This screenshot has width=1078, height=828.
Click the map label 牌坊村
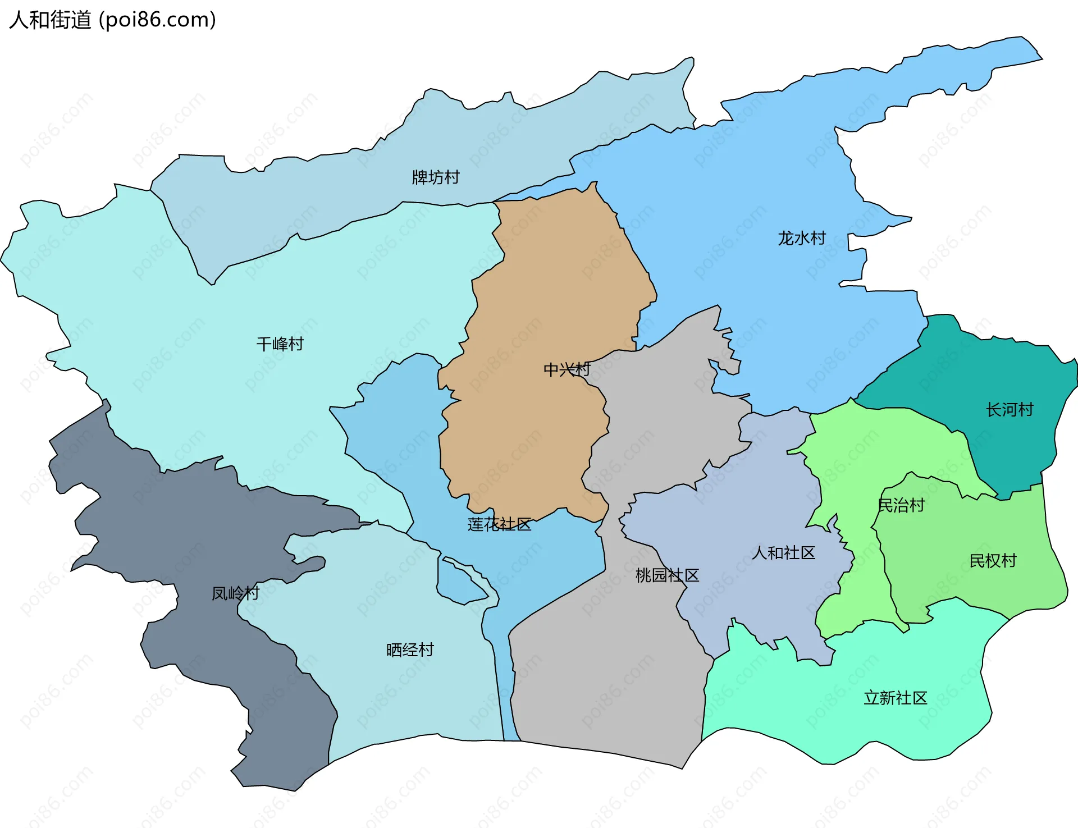click(436, 177)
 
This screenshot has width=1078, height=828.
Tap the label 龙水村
click(802, 239)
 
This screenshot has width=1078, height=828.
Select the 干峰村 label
click(280, 344)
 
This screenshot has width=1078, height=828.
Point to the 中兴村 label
click(567, 369)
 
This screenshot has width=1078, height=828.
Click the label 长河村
click(1010, 410)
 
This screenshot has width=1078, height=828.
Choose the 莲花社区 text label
click(499, 524)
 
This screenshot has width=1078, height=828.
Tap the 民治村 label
click(901, 505)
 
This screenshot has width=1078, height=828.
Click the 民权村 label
click(993, 561)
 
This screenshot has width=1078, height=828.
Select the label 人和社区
click(784, 553)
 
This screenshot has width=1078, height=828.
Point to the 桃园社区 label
click(667, 575)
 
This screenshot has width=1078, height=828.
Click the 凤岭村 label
click(235, 593)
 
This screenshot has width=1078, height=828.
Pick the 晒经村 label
click(410, 650)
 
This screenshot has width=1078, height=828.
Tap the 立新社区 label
click(896, 698)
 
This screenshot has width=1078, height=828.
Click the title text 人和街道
click(51, 20)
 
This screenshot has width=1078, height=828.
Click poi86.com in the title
click(158, 20)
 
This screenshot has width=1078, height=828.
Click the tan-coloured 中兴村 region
click(539, 281)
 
